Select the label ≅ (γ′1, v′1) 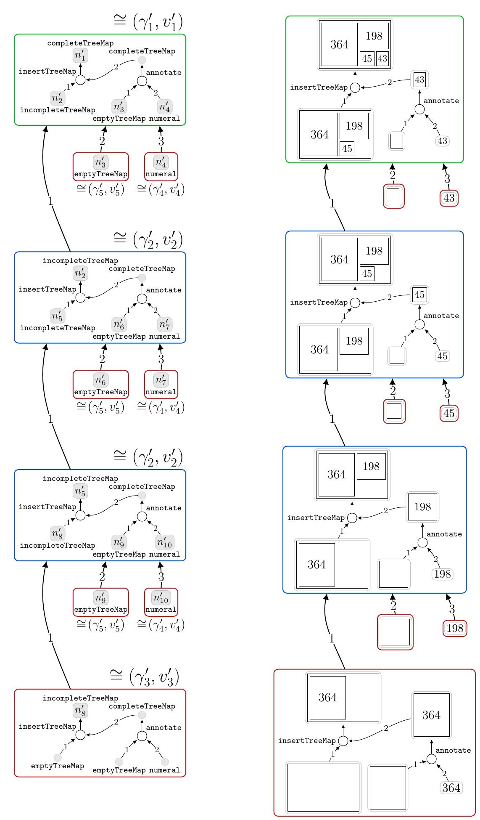coord(148,22)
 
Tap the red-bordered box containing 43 coord(449,198)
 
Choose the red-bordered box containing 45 coord(449,413)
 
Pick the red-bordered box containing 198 coord(455,628)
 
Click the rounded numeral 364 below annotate coord(451,788)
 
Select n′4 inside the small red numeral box coord(161,162)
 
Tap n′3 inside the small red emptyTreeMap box coord(100,162)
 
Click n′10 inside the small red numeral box coord(161,597)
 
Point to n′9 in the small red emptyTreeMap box coord(100,597)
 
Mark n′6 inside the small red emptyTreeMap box coord(100,379)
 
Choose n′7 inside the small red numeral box coord(161,379)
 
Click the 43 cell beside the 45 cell coord(382,58)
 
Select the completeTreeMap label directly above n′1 coord(80,43)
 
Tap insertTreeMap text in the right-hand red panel coord(307,740)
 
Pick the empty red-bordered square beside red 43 coord(394,196)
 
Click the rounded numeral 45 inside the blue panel coord(442,356)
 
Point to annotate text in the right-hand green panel coord(441,101)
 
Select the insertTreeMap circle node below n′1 coord(80,80)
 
